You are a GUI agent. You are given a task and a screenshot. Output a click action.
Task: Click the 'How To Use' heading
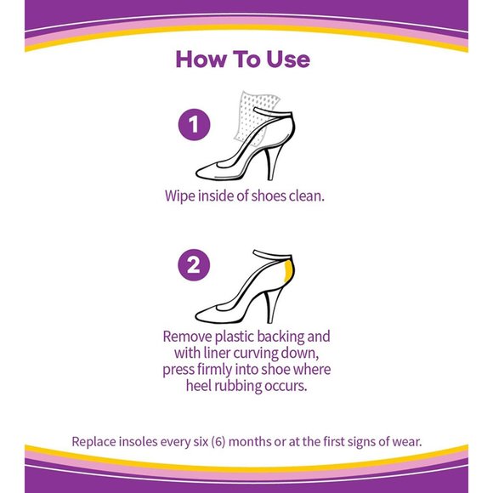pos(243,59)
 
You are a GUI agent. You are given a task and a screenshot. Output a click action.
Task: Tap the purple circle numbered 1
pos(194,124)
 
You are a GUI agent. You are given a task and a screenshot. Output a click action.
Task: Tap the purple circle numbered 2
pos(194,264)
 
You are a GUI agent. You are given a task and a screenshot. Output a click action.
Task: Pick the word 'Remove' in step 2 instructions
pos(187,337)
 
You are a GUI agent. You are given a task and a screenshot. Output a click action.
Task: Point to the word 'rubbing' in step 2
pos(237,386)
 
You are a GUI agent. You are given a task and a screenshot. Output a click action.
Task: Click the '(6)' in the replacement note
pos(218,442)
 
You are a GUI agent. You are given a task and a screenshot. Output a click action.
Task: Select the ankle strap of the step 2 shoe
pos(273,254)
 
